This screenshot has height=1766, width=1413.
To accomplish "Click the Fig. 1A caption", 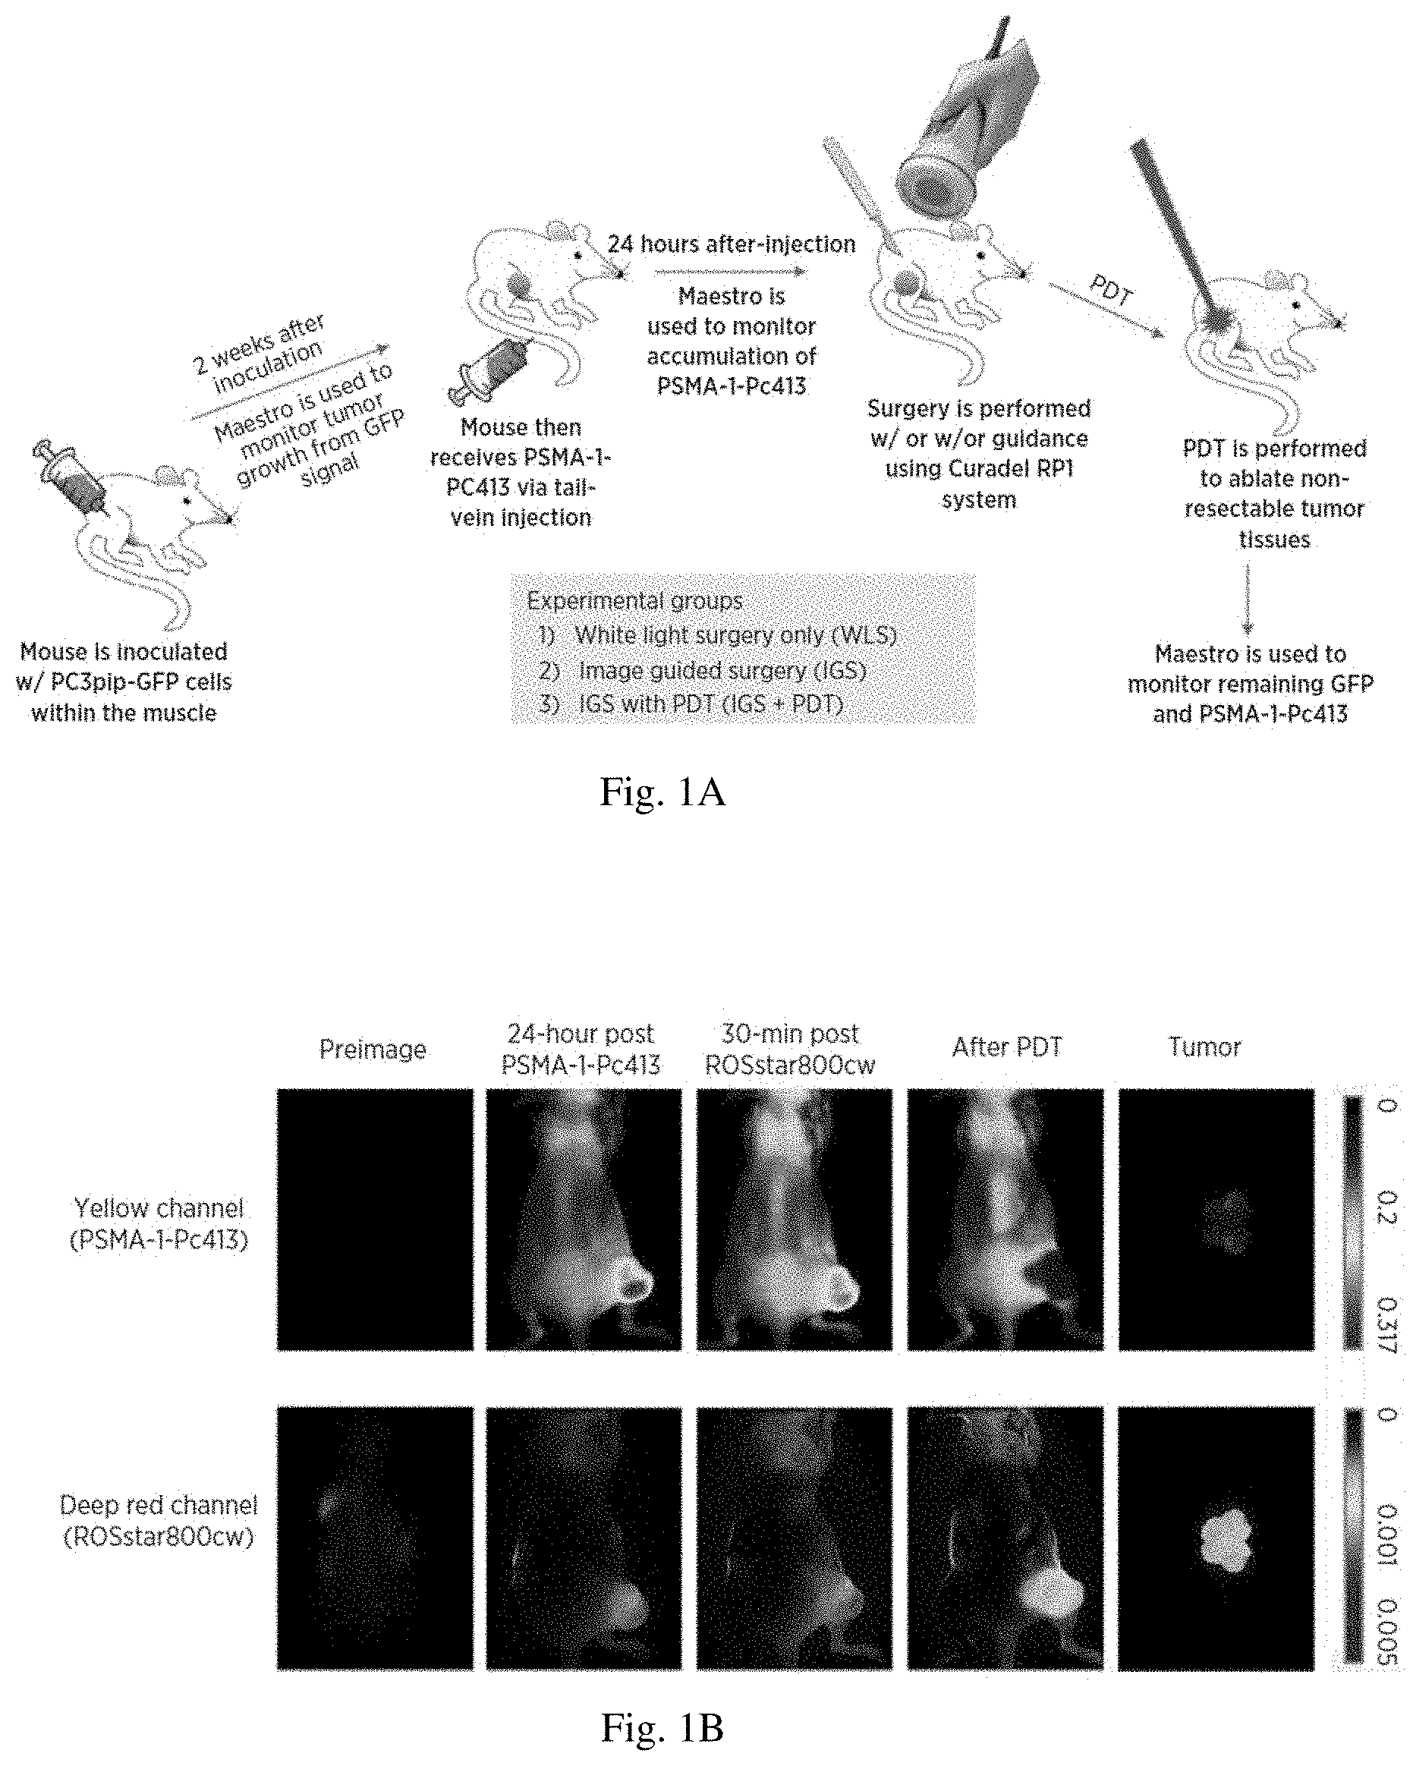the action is [662, 792].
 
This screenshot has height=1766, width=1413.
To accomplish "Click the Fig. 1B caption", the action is [662, 1727].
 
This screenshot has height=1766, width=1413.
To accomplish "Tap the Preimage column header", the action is [373, 1050].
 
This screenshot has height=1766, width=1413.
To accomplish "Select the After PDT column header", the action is [1007, 1047].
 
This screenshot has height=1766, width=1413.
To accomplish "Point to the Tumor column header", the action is [1204, 1047].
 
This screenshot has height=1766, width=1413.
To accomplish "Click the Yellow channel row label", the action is [159, 1223].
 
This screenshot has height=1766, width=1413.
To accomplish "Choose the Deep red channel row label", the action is [159, 1520].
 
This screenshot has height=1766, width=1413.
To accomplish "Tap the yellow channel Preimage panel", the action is [375, 1220].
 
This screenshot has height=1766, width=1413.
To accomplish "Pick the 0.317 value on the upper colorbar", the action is [1386, 1323].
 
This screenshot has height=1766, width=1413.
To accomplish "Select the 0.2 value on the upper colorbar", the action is [1386, 1207].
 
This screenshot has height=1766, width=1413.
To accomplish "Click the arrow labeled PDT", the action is [1106, 309].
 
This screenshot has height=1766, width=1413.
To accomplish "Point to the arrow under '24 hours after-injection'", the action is [731, 271].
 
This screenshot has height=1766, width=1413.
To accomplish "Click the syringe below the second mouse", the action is [489, 370].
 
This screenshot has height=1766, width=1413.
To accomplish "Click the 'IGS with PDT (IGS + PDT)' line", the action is [691, 704].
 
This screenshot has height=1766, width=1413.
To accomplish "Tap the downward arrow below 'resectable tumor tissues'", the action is [1248, 599].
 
